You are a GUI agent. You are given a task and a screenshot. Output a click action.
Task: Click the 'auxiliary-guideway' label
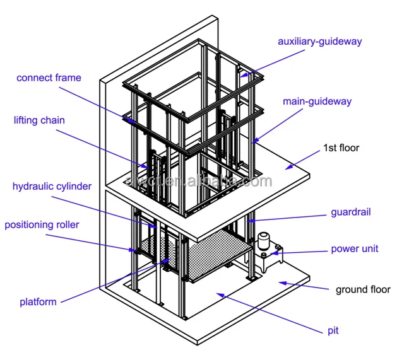pyautogui.click(x=319, y=42)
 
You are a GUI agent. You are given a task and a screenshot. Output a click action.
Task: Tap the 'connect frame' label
pyautogui.click(x=49, y=78)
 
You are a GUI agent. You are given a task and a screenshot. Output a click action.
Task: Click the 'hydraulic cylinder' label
pyautogui.click(x=52, y=187)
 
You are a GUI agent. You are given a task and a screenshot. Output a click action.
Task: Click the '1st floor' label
pyautogui.click(x=341, y=148)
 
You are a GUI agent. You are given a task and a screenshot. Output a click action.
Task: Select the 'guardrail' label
pyautogui.click(x=350, y=212)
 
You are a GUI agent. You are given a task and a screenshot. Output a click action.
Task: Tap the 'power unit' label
pyautogui.click(x=354, y=248)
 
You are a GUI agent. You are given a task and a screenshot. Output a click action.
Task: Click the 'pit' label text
pyautogui.click(x=332, y=330)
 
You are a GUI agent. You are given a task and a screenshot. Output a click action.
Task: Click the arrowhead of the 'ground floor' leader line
pyautogui.click(x=281, y=281)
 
